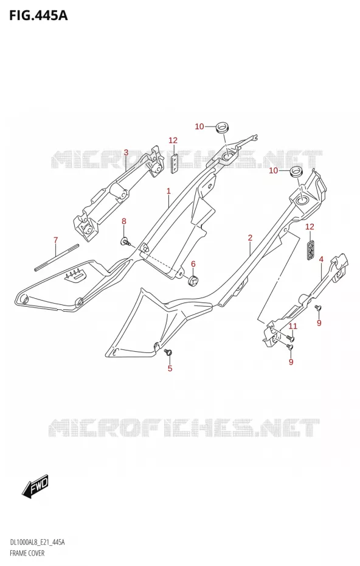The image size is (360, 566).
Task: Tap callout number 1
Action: pos(168,190)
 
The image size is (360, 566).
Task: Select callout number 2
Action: pos(250,237)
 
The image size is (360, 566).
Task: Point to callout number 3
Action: pos(126,152)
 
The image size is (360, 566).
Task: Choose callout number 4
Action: pos(321,259)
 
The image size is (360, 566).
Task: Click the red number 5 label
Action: pos(170,368)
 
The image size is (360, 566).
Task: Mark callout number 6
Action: pos(193,264)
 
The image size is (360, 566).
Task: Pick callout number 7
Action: pos(55,240)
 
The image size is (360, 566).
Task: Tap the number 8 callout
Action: pos(123,222)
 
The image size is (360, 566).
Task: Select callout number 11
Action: pos(293,326)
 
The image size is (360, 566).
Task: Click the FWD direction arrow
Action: pos(35,485)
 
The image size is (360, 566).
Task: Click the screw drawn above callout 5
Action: pos(168,352)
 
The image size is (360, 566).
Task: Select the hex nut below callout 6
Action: pos(194,279)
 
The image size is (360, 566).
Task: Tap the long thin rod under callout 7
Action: pos(57,257)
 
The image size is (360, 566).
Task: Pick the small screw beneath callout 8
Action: pos(126,241)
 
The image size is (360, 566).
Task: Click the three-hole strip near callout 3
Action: pos(175,162)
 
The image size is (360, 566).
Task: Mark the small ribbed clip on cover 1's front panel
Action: pos(76,276)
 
